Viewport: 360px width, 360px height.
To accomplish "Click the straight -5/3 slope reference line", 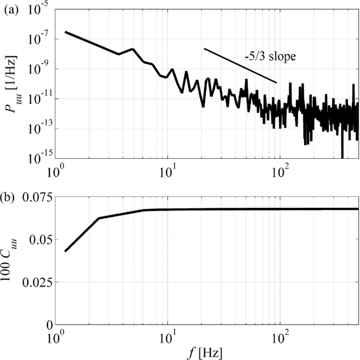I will pyautogui.click(x=240, y=66).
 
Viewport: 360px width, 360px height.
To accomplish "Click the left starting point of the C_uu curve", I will pyautogui.click(x=65, y=251).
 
